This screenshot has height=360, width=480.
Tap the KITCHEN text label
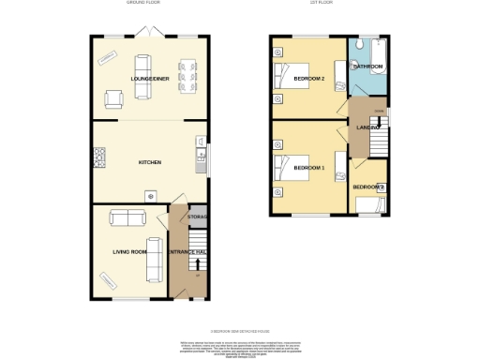[x=150, y=162]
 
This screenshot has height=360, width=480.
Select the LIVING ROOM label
[x=130, y=251]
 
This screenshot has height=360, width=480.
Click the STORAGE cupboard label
[x=197, y=217]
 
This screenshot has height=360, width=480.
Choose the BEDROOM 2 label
[x=308, y=80]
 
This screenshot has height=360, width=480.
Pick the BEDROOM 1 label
[x=308, y=168]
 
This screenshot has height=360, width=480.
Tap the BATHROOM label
[x=367, y=67]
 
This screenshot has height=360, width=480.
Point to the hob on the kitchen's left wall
[x=97, y=155]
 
